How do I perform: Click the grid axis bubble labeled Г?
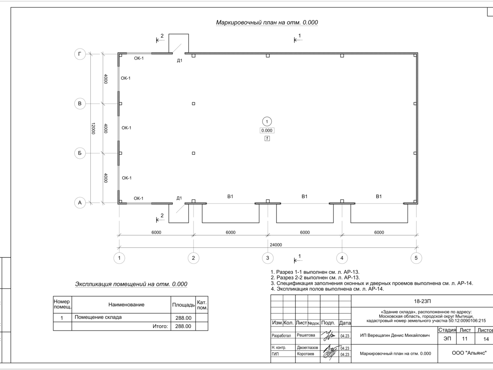tap(80, 54)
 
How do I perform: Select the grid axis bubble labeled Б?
tap(80, 153)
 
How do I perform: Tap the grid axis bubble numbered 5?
tap(416, 258)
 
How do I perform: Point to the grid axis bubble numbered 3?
tap(267, 258)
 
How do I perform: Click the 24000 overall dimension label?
tap(276, 245)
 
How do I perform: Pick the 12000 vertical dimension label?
tap(93, 129)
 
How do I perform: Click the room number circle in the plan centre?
tap(267, 122)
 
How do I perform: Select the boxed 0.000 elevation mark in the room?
tap(267, 130)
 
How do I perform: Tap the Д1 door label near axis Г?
tap(180, 61)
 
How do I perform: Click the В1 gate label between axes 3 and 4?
tap(304, 197)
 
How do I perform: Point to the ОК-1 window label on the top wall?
tap(139, 58)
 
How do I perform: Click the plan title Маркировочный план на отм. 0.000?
tap(267, 23)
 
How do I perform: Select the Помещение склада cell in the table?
tap(98, 317)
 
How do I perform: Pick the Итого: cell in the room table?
tap(160, 326)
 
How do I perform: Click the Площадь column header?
tap(183, 305)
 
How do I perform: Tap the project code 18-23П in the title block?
tap(422, 301)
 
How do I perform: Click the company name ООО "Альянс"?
tap(469, 353)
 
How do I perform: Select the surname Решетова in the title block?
tap(306, 335)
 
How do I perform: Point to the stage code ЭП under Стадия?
tap(447, 338)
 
